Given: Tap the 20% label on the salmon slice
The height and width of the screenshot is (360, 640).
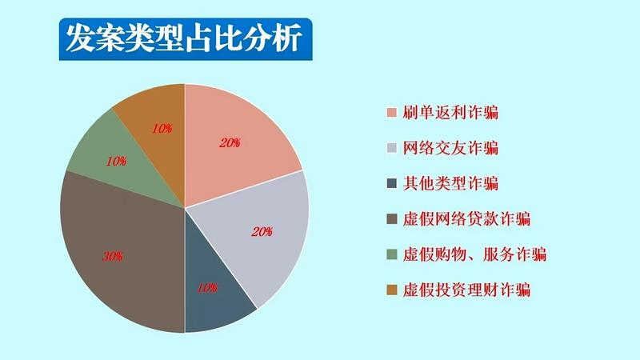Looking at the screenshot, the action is click(230, 143).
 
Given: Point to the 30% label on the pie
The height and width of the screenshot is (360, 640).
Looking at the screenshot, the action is click(112, 256).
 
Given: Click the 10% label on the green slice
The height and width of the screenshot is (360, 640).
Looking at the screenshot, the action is click(116, 162).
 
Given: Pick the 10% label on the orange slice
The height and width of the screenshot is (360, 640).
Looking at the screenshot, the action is click(162, 129).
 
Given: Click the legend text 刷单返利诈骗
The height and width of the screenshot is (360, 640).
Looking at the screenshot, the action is click(450, 112).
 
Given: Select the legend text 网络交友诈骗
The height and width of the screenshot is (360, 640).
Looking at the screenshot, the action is click(450, 148).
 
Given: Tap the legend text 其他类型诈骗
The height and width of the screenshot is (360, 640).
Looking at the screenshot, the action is click(450, 183).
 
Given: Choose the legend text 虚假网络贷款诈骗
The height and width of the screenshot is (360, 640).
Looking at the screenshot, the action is click(466, 218).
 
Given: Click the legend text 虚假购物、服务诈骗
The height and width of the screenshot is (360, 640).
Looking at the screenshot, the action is click(474, 254).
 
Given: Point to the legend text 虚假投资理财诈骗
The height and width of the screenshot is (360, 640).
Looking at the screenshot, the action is click(466, 290).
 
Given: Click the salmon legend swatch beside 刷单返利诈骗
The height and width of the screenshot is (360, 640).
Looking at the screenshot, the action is click(392, 113).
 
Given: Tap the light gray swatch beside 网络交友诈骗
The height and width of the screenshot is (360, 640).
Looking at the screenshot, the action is click(392, 148).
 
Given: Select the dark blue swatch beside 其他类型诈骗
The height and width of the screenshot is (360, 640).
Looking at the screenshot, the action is click(392, 183).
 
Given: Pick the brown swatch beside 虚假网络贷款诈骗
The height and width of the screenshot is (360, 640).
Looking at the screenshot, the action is click(392, 218).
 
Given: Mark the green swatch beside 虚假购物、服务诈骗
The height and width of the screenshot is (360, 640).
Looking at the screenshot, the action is click(392, 254).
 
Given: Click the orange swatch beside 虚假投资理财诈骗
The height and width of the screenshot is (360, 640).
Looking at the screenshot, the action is click(392, 290).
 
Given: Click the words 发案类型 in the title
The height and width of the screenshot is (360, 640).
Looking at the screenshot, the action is click(125, 38).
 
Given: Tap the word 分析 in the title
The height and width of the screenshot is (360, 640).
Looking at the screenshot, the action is click(273, 38).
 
